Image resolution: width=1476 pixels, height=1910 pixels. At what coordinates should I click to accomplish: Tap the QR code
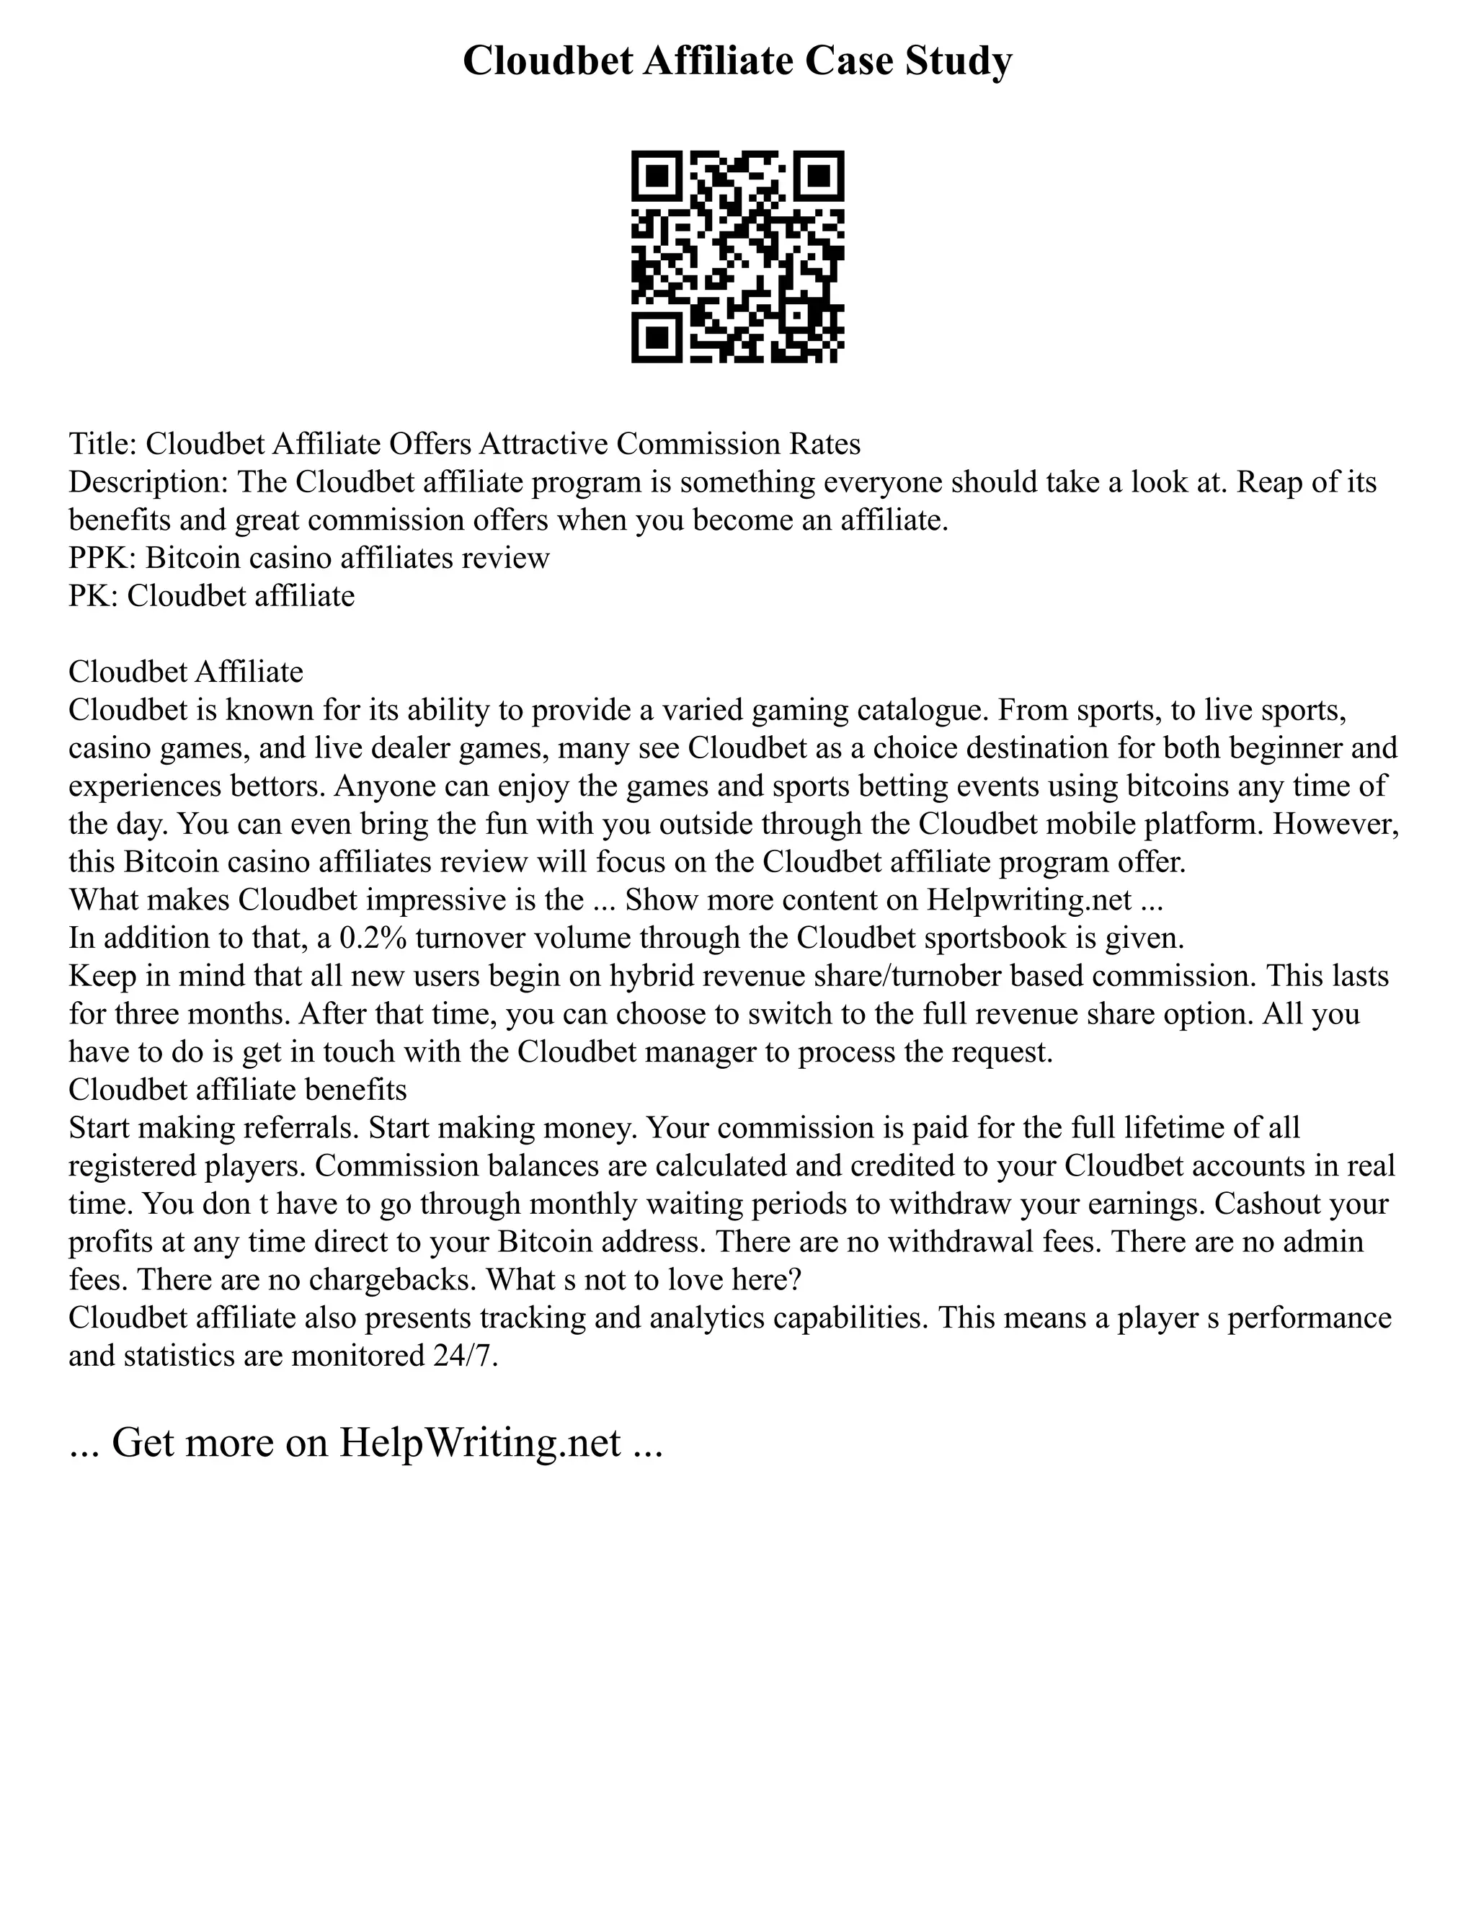pyautogui.click(x=737, y=257)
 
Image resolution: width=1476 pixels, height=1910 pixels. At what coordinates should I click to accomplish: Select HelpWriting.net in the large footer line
pyautogui.click(x=480, y=1442)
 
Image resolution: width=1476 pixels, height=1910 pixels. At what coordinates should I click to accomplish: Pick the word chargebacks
pyautogui.click(x=402, y=1279)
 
